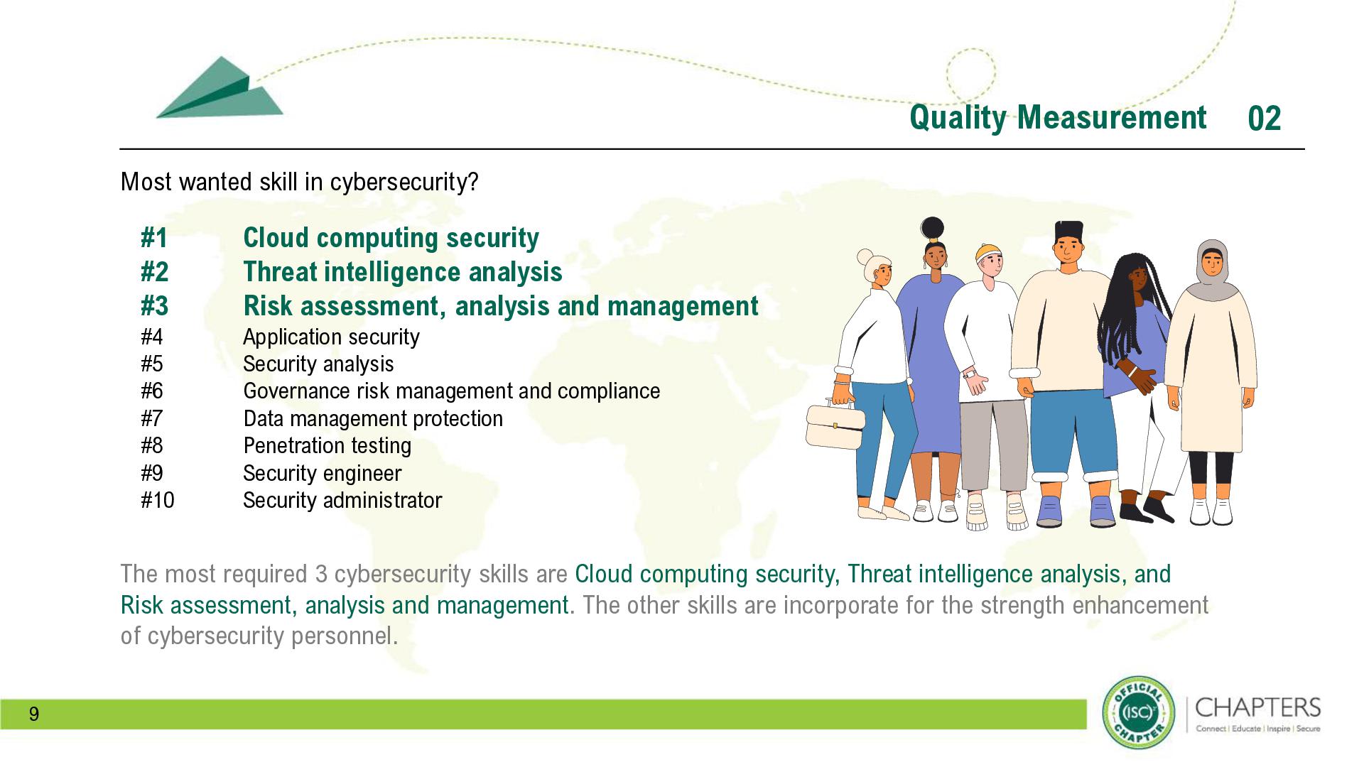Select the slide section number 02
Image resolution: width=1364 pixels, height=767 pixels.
pyautogui.click(x=1264, y=119)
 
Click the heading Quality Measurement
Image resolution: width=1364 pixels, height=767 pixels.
pyautogui.click(x=1058, y=117)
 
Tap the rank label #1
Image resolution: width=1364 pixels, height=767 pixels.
pyautogui.click(x=154, y=238)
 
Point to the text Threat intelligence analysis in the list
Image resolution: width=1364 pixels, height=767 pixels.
pyautogui.click(x=402, y=272)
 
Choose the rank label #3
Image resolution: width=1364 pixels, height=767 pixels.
pyautogui.click(x=154, y=306)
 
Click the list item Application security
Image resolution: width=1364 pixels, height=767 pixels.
pyautogui.click(x=331, y=337)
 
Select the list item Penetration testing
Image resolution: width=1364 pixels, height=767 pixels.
pyautogui.click(x=327, y=446)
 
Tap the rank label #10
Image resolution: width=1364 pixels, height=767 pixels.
pyautogui.click(x=157, y=501)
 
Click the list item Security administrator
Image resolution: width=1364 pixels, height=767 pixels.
pyautogui.click(x=342, y=501)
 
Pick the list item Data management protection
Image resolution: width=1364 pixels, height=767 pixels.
pyautogui.click(x=373, y=419)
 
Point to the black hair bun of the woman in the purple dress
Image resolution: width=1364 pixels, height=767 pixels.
pyautogui.click(x=932, y=228)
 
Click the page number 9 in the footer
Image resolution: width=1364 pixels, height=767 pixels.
pyautogui.click(x=34, y=714)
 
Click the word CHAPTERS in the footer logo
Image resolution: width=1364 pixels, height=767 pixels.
pyautogui.click(x=1258, y=708)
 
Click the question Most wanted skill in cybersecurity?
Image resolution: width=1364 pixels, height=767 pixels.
pyautogui.click(x=299, y=183)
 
